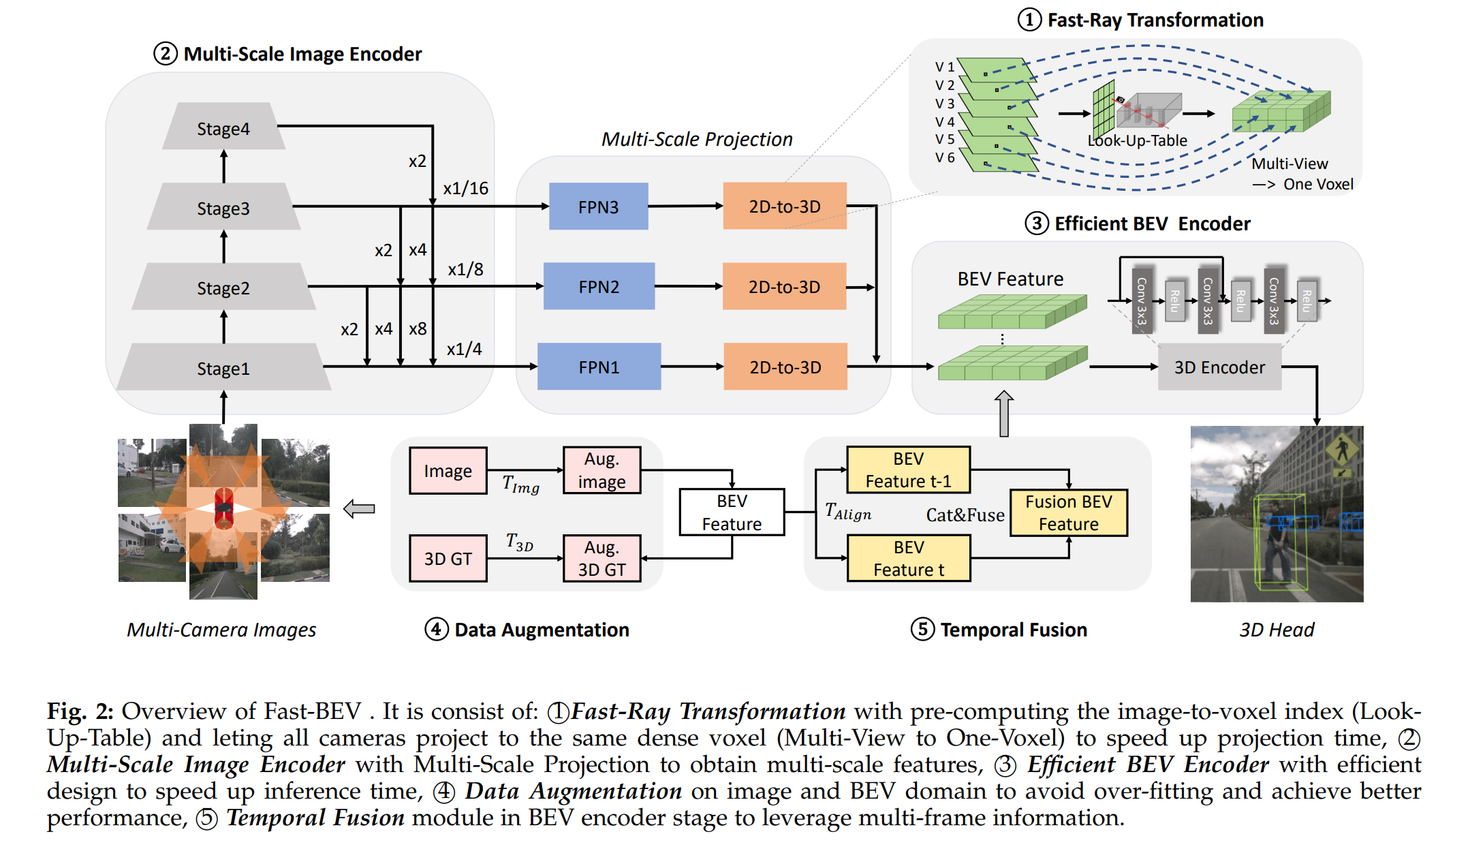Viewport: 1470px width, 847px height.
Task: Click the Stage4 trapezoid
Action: pos(223,126)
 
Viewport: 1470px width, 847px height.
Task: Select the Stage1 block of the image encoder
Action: pos(223,367)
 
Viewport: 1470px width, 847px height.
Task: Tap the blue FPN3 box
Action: pos(598,206)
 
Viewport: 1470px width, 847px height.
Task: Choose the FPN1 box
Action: pos(599,367)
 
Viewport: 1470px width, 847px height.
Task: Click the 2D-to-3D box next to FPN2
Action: pos(784,287)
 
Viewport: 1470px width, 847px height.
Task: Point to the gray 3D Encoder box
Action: pos(1219,367)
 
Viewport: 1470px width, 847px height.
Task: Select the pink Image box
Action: pos(448,470)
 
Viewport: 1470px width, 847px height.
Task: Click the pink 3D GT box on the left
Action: pos(448,558)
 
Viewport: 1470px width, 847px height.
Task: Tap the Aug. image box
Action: pos(601,470)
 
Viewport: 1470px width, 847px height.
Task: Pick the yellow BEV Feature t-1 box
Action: pos(909,469)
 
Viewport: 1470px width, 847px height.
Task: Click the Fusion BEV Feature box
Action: pos(1069,512)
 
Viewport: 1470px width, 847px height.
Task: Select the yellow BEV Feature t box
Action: pos(909,558)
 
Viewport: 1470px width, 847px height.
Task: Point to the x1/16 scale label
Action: pos(466,188)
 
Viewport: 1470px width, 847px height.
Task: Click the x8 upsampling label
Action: pos(418,329)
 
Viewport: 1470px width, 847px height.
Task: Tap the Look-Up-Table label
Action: pos(1137,140)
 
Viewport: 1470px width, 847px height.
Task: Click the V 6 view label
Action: pos(945,157)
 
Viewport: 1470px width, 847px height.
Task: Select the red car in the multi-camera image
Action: pos(223,508)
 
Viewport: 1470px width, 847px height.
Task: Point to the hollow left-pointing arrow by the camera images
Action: pos(359,508)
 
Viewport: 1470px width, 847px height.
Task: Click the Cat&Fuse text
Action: pos(965,515)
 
